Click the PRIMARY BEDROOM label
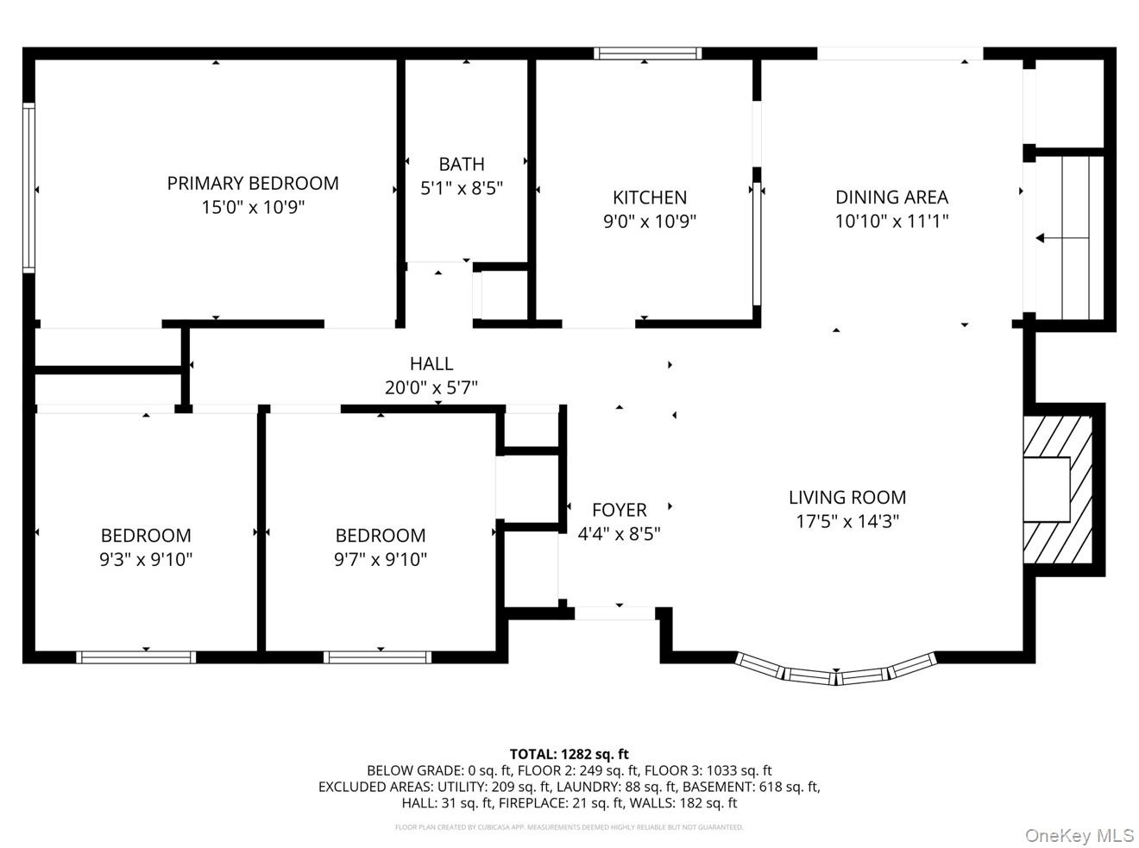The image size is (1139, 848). tap(253, 184)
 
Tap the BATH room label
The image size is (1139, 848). tap(462, 165)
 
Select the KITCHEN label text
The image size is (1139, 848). tap(650, 198)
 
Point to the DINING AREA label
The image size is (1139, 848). tap(891, 198)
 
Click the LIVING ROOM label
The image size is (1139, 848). tap(847, 498)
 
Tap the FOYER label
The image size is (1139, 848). tap(620, 510)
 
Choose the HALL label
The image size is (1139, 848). tap(431, 364)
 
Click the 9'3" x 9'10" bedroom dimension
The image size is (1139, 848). tap(146, 559)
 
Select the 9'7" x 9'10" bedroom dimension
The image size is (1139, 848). tap(381, 559)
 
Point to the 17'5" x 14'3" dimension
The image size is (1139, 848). tap(847, 522)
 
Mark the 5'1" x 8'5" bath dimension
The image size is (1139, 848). tap(462, 189)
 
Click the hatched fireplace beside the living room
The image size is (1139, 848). tap(1058, 490)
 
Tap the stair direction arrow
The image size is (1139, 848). tap(1062, 238)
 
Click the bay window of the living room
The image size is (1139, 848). tap(836, 671)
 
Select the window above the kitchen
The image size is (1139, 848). tap(648, 53)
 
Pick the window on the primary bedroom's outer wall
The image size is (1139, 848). tap(28, 187)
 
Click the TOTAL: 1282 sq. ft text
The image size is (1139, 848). tap(569, 754)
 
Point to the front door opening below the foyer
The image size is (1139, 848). tap(614, 613)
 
